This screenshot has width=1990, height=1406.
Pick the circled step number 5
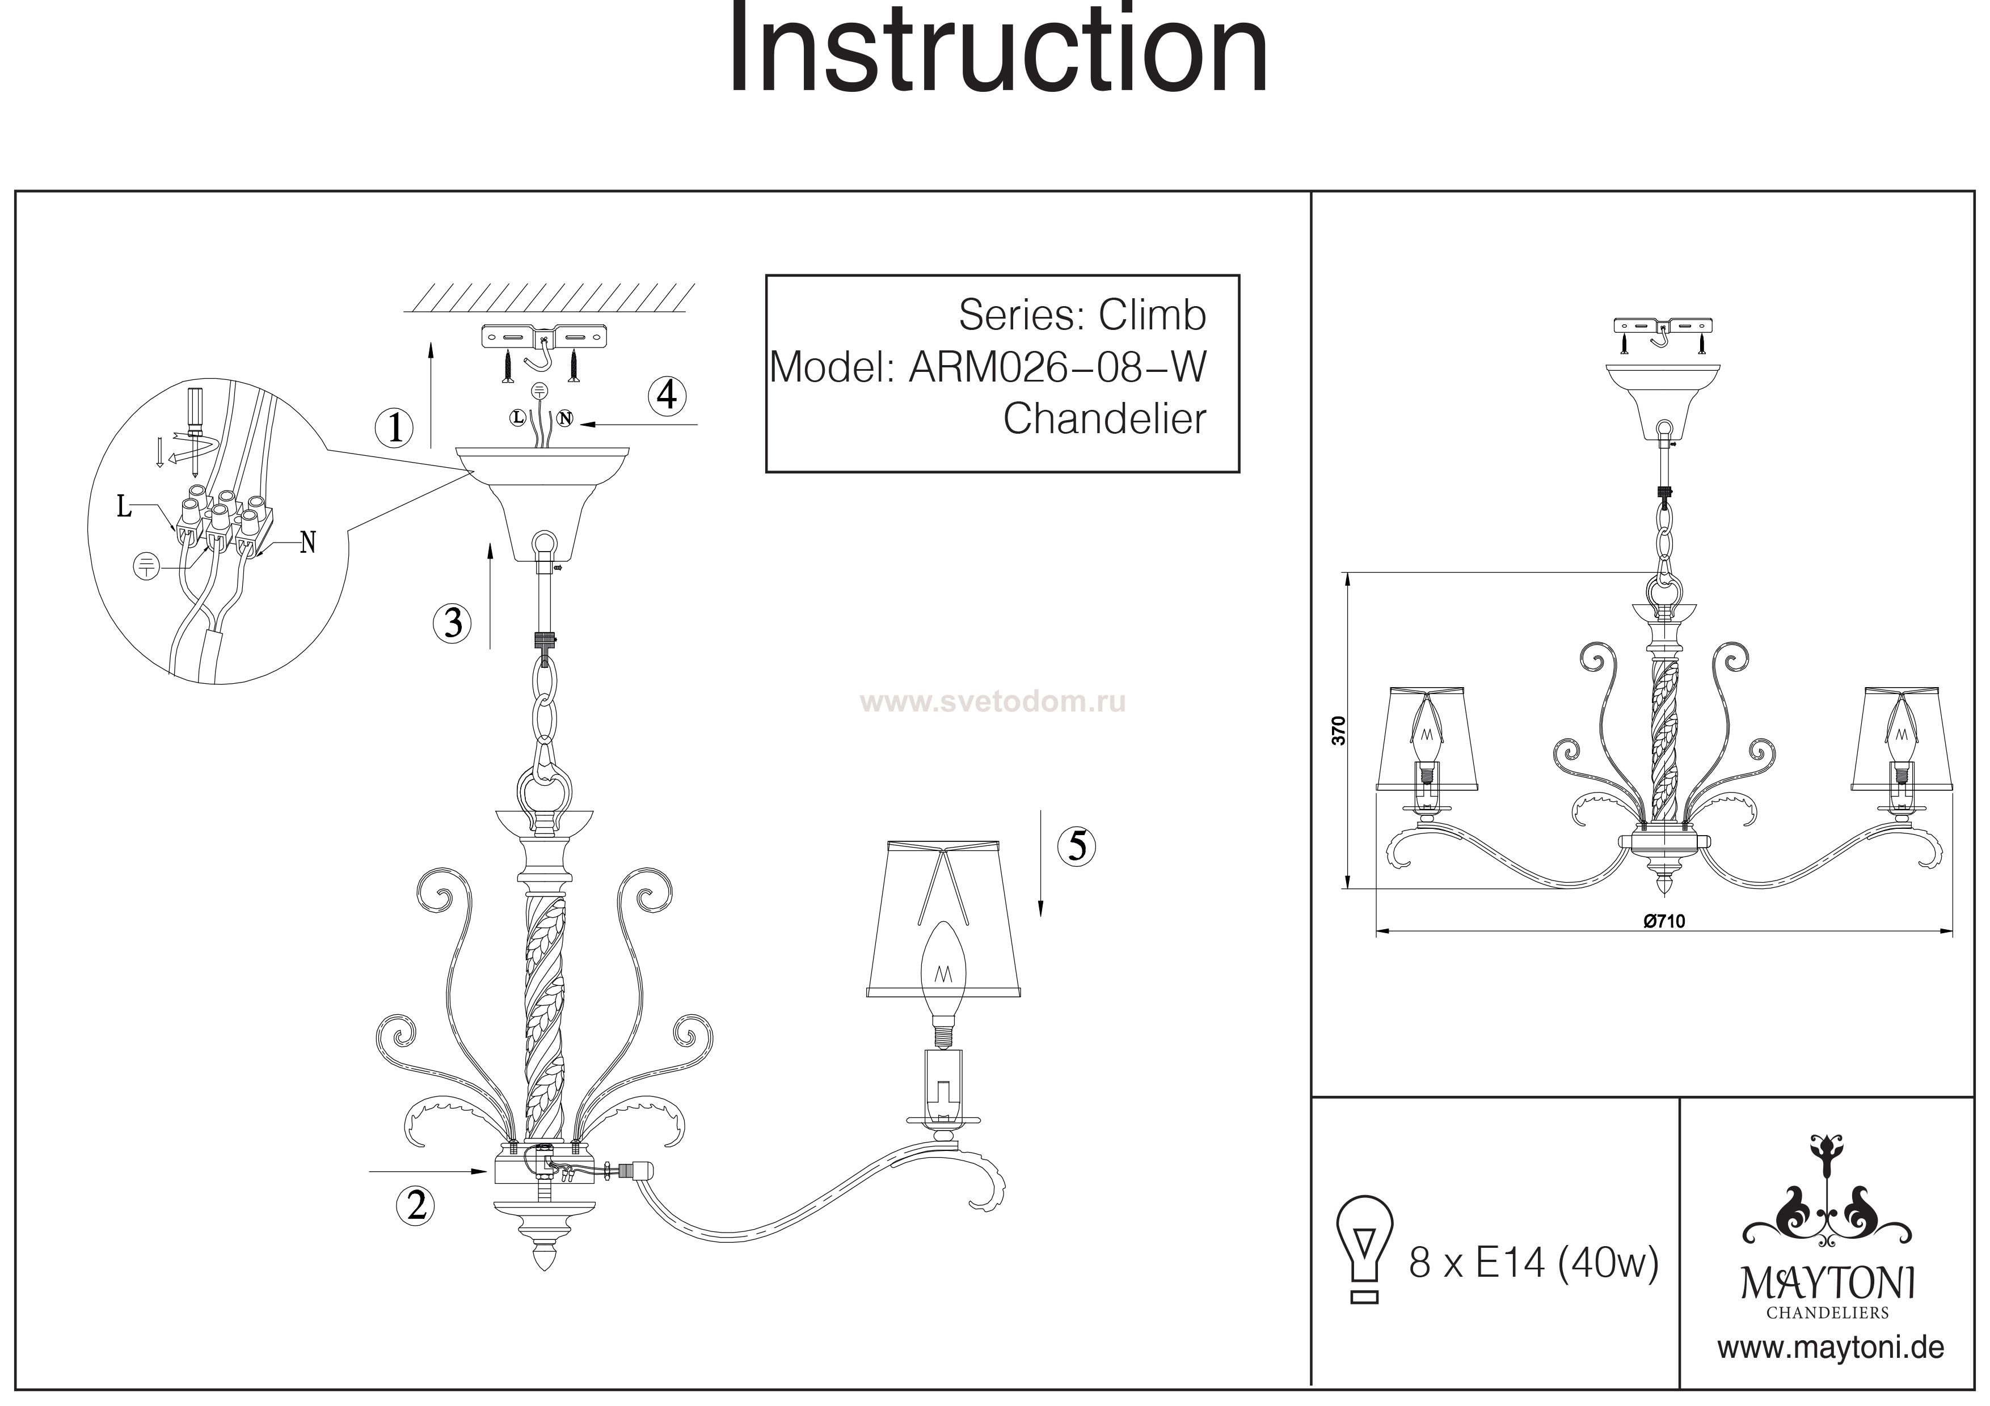coord(1077,845)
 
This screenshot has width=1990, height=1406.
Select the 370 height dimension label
coord(1339,730)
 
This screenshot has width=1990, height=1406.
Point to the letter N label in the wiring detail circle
coord(307,543)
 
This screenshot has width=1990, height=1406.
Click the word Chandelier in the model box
coord(1104,420)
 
